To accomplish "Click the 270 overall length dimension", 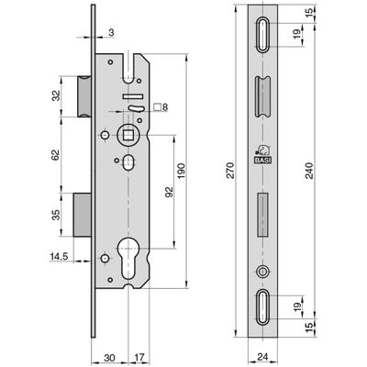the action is (230, 171).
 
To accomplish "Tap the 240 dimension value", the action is (310, 171).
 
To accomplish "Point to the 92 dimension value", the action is (169, 192).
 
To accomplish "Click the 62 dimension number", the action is (56, 155).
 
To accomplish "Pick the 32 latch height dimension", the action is (56, 95).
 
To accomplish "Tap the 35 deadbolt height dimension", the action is (56, 215).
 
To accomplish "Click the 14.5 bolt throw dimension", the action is (59, 256).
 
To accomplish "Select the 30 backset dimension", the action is (109, 357).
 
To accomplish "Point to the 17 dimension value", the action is (139, 357).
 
